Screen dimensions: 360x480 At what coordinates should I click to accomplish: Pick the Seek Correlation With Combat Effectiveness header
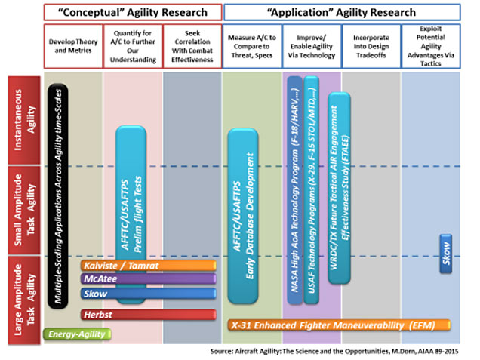click(x=192, y=42)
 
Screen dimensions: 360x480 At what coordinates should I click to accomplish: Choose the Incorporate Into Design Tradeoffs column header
click(x=371, y=42)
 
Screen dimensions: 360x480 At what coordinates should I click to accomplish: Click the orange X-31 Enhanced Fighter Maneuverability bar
click(x=340, y=325)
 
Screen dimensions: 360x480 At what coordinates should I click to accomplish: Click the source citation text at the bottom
click(x=340, y=352)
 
